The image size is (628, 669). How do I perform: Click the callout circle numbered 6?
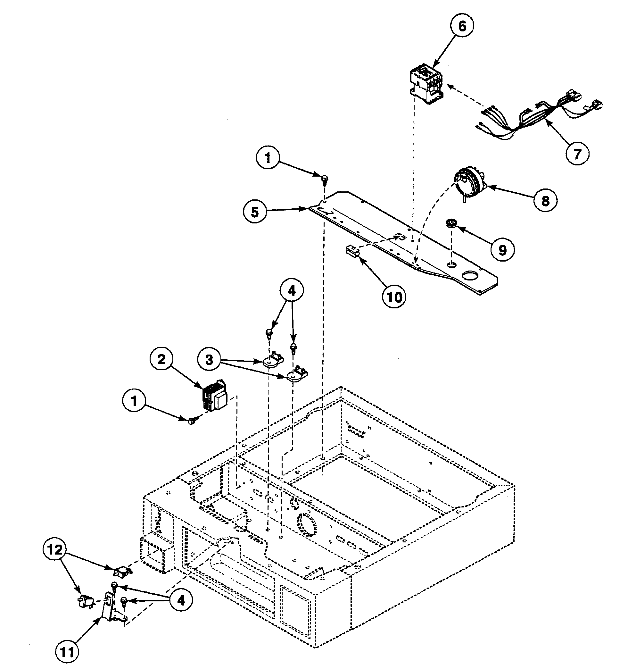click(x=462, y=26)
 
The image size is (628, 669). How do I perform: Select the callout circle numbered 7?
click(x=577, y=154)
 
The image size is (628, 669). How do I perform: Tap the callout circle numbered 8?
click(x=545, y=201)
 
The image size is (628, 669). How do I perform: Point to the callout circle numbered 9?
click(x=502, y=250)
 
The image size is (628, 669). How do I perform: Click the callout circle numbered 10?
click(x=394, y=297)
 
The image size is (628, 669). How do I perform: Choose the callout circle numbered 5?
click(x=255, y=212)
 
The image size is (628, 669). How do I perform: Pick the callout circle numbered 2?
click(x=162, y=359)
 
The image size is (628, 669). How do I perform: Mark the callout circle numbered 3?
click(x=209, y=360)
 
